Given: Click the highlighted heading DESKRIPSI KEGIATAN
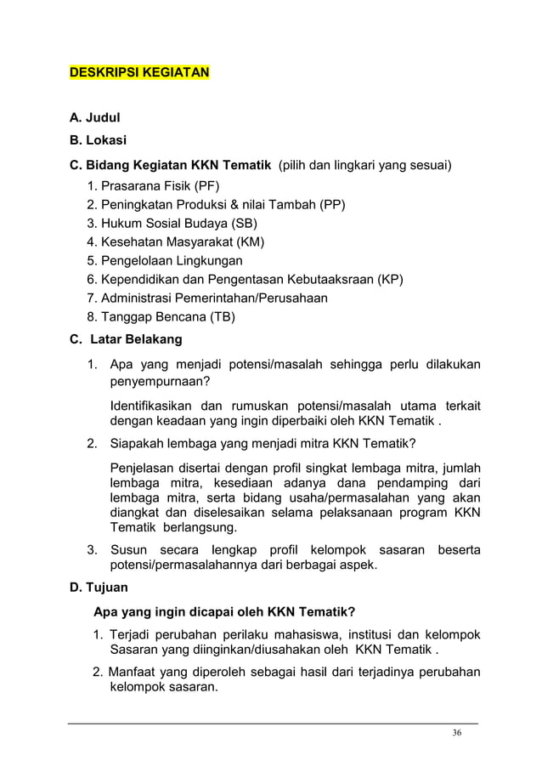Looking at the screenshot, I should tap(138, 73).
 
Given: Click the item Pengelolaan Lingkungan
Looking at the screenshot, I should tap(172, 260).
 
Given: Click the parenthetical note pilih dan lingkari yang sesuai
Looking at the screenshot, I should tap(366, 164).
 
